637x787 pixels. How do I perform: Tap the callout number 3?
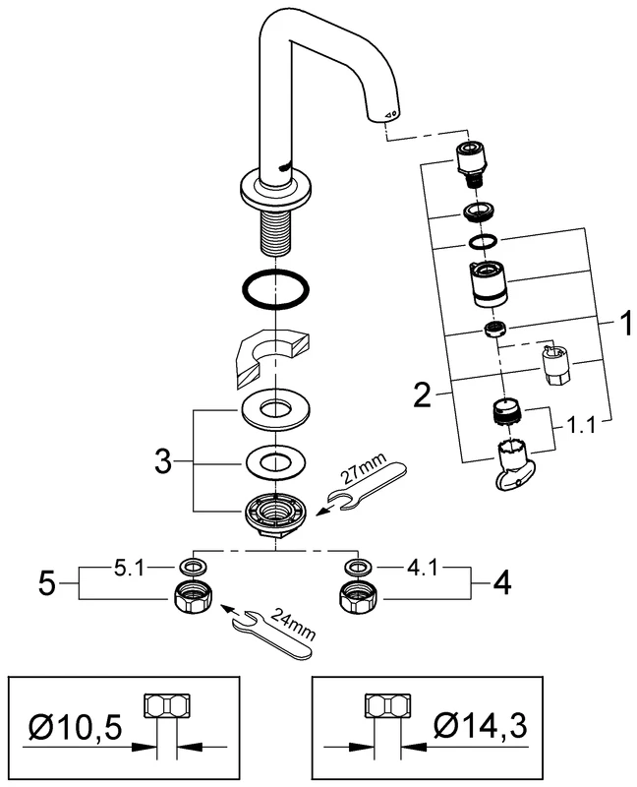click(167, 459)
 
